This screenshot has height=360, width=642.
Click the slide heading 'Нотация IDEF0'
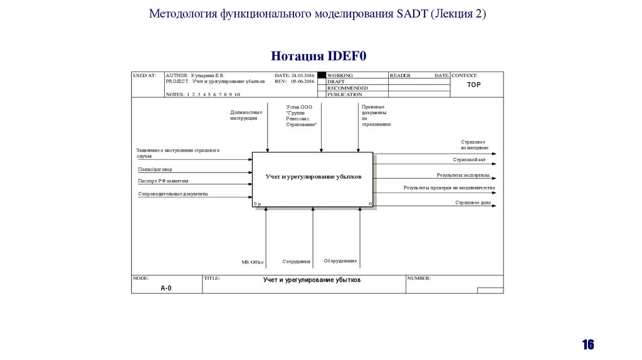click(318, 56)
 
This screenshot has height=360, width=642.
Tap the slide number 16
click(587, 344)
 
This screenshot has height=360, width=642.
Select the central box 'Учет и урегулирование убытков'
click(312, 177)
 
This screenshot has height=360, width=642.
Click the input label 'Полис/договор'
click(155, 169)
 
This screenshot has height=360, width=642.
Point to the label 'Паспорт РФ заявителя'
click(163, 181)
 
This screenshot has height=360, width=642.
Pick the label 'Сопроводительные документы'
click(172, 194)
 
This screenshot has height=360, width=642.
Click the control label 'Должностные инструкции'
click(246, 115)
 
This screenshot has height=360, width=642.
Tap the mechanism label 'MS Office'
click(253, 262)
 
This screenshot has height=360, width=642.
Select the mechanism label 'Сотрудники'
click(296, 261)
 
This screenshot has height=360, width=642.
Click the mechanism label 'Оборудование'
click(340, 261)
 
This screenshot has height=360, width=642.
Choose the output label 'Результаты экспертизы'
click(463, 176)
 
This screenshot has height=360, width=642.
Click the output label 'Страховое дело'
click(473, 203)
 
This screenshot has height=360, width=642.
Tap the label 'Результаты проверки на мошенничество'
click(449, 188)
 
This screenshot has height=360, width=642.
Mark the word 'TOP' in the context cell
click(474, 85)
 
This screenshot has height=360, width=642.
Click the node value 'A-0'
click(166, 288)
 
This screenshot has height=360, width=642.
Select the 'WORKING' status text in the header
click(340, 75)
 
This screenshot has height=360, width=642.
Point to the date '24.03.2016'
click(302, 75)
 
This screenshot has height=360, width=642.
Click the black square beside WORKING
click(322, 75)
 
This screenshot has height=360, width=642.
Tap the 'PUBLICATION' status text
click(345, 95)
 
